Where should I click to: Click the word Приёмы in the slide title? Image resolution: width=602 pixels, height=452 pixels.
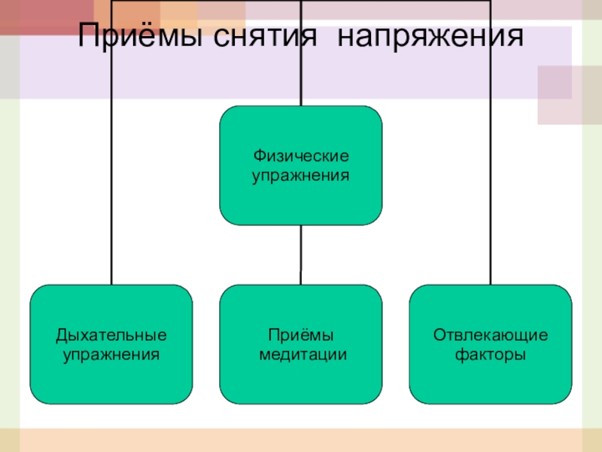(139, 38)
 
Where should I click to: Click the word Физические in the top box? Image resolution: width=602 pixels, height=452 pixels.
(301, 157)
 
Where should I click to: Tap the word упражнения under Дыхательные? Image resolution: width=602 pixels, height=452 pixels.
(111, 353)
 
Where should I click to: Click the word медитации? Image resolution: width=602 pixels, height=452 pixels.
(301, 353)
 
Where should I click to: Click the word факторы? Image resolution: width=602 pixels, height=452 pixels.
(491, 353)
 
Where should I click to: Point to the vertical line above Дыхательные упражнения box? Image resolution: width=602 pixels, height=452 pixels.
(111, 188)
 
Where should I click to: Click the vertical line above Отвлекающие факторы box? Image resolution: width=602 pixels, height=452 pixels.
(491, 188)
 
